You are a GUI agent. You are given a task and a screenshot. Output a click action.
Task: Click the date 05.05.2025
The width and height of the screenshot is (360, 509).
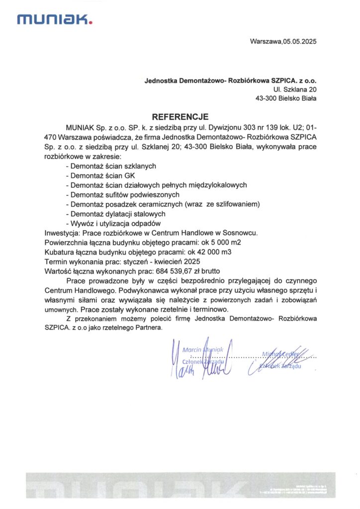[300, 41]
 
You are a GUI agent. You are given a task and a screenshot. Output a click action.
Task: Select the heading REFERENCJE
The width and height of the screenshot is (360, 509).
[180, 117]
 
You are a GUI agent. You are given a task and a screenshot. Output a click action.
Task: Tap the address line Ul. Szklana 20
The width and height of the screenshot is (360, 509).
[295, 89]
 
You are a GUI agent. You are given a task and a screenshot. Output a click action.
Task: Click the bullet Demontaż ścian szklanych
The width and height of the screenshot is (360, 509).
[111, 166]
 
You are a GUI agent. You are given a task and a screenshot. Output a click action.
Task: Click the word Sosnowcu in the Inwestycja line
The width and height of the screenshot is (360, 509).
[242, 233]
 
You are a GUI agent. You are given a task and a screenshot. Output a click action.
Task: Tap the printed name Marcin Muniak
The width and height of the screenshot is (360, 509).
[204, 350]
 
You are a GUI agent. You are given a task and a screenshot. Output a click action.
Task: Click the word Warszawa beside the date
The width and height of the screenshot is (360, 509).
[266, 41]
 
